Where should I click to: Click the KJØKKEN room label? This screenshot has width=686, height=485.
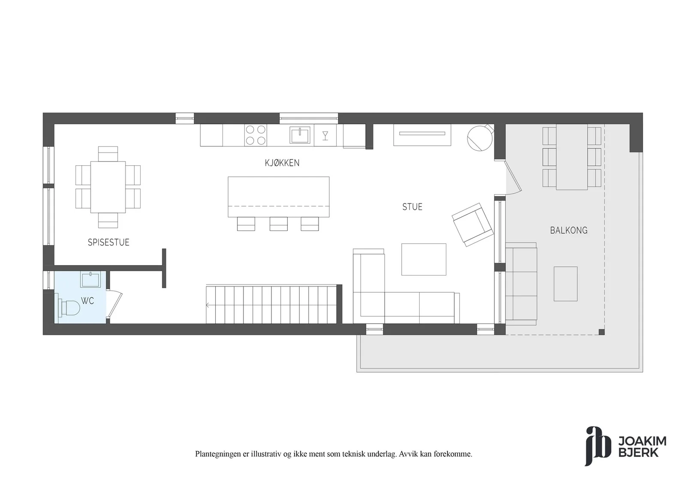[x=282, y=163]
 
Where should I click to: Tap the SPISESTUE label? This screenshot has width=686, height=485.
[x=108, y=242]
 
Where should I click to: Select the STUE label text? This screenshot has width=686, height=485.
[x=412, y=207]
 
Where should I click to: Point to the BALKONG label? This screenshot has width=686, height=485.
[x=569, y=230]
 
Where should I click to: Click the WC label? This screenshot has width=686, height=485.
[x=87, y=301]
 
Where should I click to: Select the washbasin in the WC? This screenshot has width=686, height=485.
[x=90, y=279]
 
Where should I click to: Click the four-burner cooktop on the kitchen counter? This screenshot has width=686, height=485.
[x=256, y=135]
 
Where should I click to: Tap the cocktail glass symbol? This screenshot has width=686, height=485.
[x=325, y=135]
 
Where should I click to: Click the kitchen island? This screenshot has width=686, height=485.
[x=279, y=197]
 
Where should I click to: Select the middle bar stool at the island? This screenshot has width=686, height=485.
[x=279, y=224]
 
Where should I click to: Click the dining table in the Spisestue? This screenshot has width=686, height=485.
[x=108, y=187]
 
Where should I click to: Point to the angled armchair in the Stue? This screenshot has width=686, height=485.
[x=472, y=225]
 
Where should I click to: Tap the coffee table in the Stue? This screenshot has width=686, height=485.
[x=424, y=259]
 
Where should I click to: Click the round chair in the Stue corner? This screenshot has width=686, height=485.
[x=480, y=138]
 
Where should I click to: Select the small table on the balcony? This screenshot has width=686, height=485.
[x=566, y=284]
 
